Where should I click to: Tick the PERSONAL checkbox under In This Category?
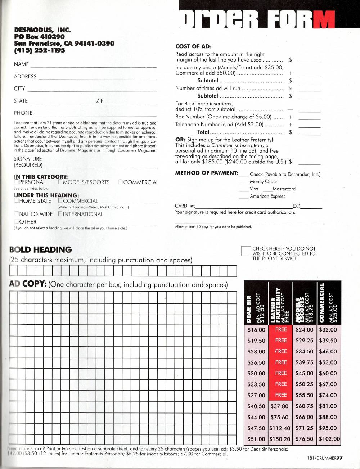(16, 182)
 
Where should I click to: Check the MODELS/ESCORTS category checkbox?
(60, 182)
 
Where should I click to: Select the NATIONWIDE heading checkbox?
(16, 214)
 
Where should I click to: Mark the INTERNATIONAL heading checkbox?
(60, 214)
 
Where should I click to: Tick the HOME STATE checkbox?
(16, 201)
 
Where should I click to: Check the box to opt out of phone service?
(246, 251)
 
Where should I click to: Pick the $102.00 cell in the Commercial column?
(329, 439)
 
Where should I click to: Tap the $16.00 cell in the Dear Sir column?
(256, 330)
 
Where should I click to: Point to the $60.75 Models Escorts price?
(304, 406)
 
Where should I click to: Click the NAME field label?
(21, 64)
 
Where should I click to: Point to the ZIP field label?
(100, 101)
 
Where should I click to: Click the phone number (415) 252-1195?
(40, 50)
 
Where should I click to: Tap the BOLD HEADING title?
(40, 250)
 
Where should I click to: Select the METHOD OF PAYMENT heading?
(207, 173)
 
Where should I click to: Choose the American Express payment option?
(267, 197)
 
